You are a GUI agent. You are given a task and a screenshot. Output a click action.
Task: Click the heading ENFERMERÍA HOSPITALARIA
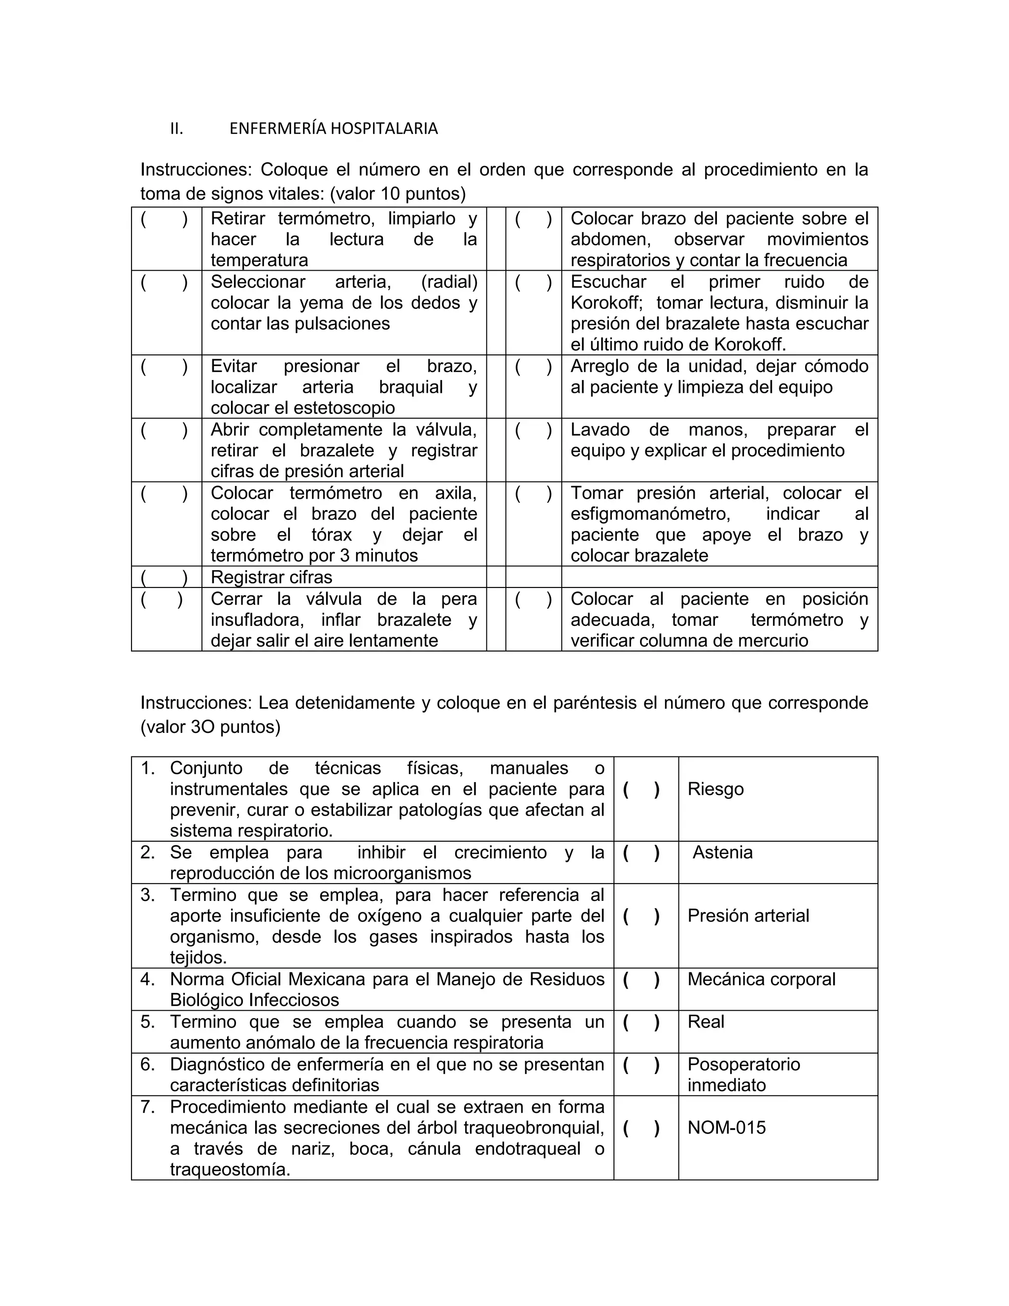[x=334, y=129]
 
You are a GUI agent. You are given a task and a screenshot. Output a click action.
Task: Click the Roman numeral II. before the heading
[x=176, y=129]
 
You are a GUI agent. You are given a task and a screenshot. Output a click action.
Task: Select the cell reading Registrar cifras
[x=271, y=577]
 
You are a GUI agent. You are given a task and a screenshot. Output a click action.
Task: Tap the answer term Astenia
[x=722, y=852]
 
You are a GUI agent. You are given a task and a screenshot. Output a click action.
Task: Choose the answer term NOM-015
[x=726, y=1127]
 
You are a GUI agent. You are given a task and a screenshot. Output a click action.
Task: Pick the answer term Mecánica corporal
[x=761, y=979]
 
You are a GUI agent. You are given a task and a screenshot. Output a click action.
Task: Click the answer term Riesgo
[x=715, y=789]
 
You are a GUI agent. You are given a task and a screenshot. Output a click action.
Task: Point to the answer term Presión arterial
[x=748, y=916]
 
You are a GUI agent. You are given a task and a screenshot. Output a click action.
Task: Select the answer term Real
[x=706, y=1021]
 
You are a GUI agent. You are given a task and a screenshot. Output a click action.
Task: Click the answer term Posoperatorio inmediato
[x=743, y=1074]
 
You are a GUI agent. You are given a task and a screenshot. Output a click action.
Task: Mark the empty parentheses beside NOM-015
[x=641, y=1128]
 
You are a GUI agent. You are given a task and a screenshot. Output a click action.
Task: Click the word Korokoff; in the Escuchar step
[x=606, y=303]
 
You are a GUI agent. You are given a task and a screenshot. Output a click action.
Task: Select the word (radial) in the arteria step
[x=449, y=281]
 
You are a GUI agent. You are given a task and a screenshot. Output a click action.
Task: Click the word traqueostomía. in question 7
[x=230, y=1169]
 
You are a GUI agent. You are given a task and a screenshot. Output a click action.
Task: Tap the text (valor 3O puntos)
[x=210, y=726]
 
